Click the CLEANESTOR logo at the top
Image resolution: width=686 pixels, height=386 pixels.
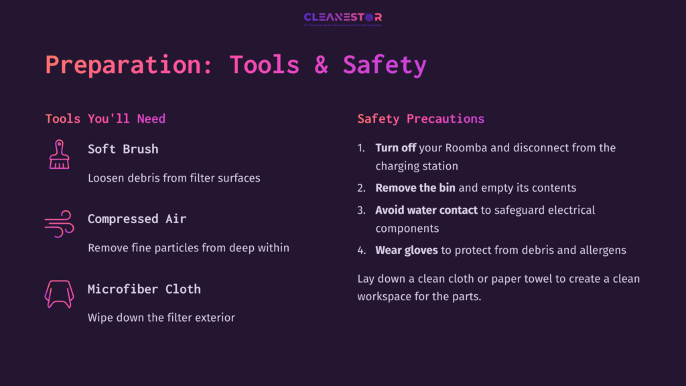click(342, 18)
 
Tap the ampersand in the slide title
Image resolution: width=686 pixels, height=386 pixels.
click(322, 65)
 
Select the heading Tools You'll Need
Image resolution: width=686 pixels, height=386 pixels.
click(105, 119)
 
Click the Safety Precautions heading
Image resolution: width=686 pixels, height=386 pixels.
click(421, 119)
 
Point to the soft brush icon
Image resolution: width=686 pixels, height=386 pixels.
click(59, 154)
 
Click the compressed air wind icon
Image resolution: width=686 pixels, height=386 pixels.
click(59, 224)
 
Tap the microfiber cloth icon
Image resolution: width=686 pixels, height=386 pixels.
click(59, 294)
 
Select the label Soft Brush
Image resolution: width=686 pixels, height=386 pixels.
click(123, 149)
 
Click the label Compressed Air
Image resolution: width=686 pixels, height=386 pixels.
click(137, 218)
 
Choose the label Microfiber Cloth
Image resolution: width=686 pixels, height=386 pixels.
click(144, 289)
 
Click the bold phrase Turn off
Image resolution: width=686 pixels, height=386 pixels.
click(396, 147)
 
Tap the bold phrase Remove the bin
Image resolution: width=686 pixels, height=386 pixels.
click(415, 188)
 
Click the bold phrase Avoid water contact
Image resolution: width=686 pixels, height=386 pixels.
click(427, 210)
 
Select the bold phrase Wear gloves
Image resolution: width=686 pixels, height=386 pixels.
click(407, 250)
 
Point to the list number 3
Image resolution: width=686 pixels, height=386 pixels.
click(360, 210)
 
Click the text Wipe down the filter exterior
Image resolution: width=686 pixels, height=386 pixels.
click(161, 318)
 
